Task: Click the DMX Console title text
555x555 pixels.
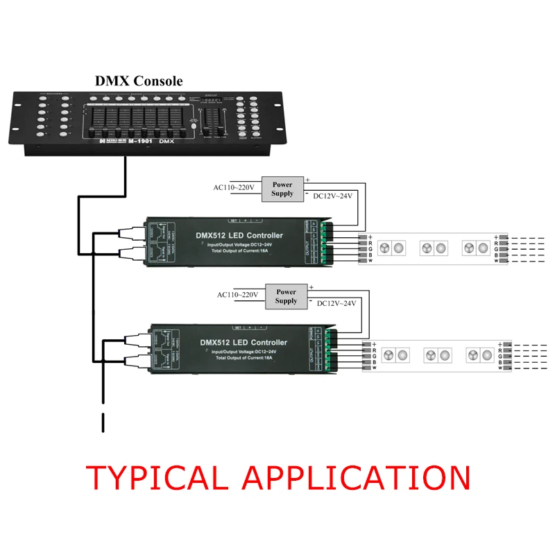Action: click(x=139, y=81)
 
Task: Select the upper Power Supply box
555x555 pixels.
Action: click(x=282, y=189)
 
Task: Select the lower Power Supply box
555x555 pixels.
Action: click(x=286, y=297)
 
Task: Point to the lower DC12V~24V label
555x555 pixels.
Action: click(x=336, y=303)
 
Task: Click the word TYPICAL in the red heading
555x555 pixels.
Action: click(x=160, y=478)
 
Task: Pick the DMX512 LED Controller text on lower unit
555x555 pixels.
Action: click(x=243, y=342)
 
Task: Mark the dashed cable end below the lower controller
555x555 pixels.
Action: click(x=103, y=422)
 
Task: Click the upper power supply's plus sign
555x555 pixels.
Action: click(x=307, y=180)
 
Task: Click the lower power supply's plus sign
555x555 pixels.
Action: click(x=311, y=287)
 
